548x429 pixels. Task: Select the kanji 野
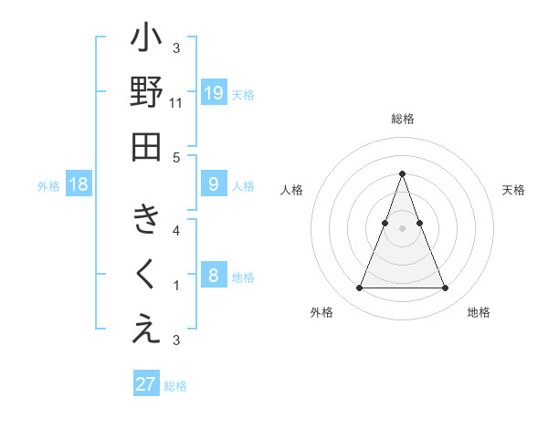(x=146, y=94)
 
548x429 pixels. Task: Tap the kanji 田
(x=146, y=146)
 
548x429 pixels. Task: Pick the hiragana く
(x=146, y=275)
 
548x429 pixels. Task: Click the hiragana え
(x=146, y=329)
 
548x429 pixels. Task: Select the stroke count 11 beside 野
(x=176, y=103)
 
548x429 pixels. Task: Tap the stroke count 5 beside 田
(x=176, y=157)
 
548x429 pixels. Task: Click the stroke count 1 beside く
(x=176, y=286)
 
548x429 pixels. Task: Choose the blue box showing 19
(x=213, y=92)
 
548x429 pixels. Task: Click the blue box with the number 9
(x=213, y=184)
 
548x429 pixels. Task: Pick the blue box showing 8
(x=213, y=276)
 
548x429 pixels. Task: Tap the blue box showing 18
(x=79, y=185)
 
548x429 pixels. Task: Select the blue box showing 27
(x=146, y=384)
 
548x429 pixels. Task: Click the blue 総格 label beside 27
(x=175, y=386)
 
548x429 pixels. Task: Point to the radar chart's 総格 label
(x=402, y=120)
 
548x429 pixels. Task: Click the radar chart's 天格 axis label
(x=513, y=190)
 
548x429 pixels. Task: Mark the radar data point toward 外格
(x=359, y=288)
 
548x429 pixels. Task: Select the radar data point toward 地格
(x=445, y=288)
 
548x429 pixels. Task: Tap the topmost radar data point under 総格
(x=402, y=173)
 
